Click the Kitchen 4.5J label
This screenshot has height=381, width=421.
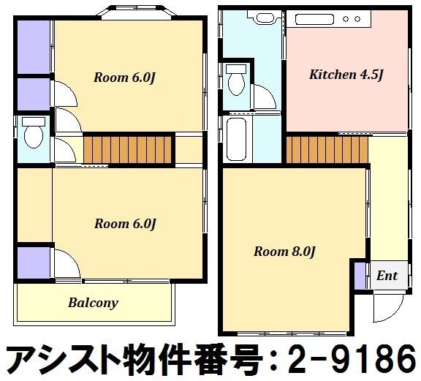point(346,75)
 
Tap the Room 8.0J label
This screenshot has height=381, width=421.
point(284,252)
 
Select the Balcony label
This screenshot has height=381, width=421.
point(93,303)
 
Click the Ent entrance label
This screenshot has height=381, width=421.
point(387,276)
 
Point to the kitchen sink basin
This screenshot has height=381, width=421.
point(314,19)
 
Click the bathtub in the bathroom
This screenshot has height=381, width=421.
point(236,139)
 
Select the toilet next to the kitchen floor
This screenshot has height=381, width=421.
point(236,80)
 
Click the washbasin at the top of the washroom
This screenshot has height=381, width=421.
point(265,18)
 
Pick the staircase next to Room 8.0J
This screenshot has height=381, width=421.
point(327,150)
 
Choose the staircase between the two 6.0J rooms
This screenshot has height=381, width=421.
point(127,150)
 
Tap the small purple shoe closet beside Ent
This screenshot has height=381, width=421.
point(360,276)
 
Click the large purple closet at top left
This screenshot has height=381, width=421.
point(34,47)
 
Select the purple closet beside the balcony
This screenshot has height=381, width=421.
point(34,263)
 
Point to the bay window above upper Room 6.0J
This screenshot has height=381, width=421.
point(137,13)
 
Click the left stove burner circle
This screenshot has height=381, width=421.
point(346,19)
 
